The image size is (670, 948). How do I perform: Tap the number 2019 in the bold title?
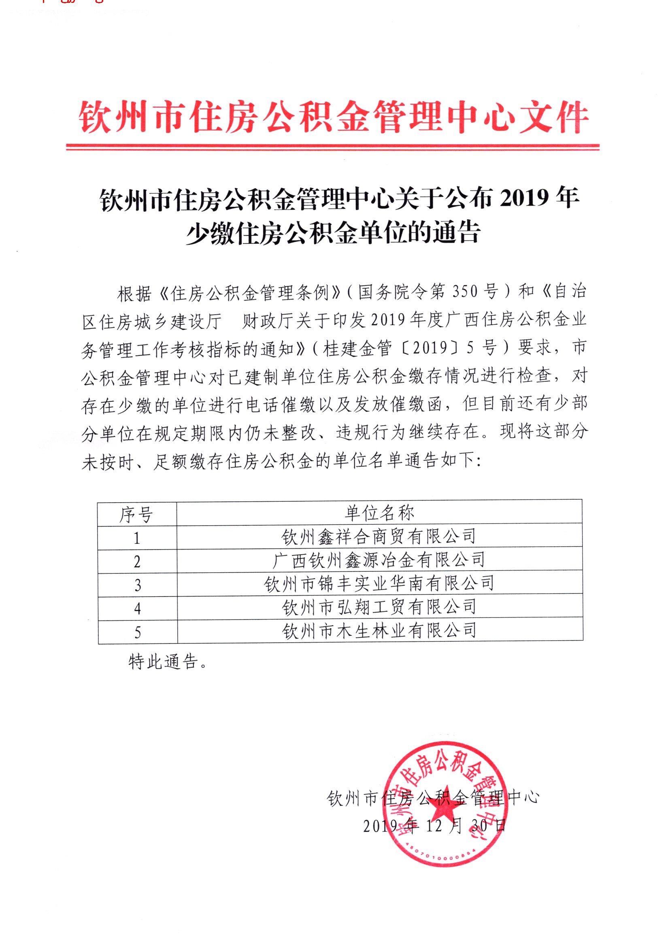click(x=525, y=198)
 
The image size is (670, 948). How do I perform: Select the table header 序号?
click(x=136, y=515)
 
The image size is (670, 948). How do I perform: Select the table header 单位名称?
click(x=379, y=513)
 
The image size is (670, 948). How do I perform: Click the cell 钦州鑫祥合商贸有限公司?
click(x=379, y=537)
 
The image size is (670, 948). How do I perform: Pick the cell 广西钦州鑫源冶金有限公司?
click(x=379, y=560)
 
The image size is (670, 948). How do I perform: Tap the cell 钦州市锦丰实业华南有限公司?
click(x=379, y=584)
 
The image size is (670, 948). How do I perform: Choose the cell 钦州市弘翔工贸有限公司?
click(x=379, y=607)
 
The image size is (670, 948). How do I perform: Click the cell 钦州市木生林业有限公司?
click(x=379, y=631)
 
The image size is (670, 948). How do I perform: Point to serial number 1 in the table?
click(x=137, y=538)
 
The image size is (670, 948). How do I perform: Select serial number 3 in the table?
click(x=138, y=585)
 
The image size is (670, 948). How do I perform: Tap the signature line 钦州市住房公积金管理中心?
click(x=433, y=798)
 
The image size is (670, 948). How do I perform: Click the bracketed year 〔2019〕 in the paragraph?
click(x=430, y=349)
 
